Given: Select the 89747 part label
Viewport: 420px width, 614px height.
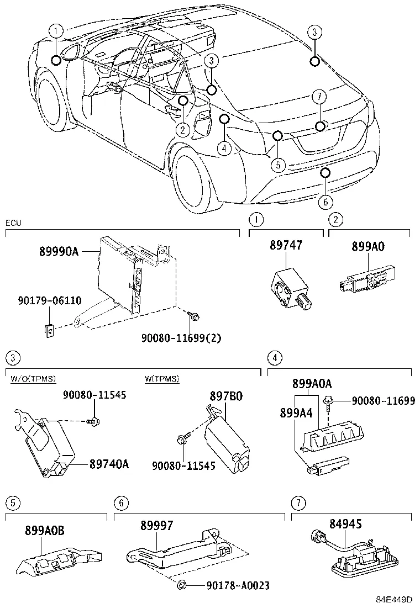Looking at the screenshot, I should point(286,246).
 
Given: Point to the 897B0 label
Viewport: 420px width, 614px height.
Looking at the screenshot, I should point(225,396).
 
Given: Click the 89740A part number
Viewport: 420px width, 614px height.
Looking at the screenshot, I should point(109,464).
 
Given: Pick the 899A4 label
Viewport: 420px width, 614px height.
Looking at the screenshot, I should point(296,412).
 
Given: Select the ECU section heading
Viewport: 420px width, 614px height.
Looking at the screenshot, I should point(13,223).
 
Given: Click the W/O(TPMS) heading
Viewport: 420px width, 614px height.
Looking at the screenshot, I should point(33,379).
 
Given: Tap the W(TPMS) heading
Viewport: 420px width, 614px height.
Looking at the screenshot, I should point(162,379).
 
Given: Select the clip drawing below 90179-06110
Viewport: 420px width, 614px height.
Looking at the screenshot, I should point(49,330).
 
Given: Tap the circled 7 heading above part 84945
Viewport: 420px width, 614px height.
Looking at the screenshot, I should point(298,503).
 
